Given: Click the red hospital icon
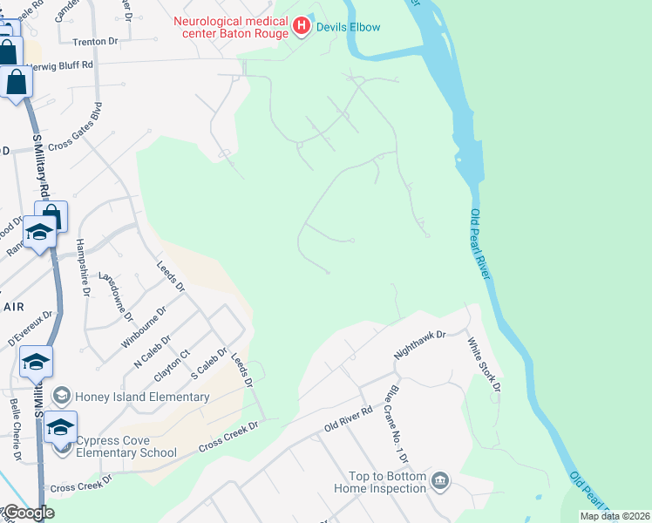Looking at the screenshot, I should pos(302,26).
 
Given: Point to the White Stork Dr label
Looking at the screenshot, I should pos(484,363).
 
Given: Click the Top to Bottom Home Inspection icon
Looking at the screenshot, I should pos(441,481).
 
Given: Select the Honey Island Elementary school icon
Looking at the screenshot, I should pos(61,397).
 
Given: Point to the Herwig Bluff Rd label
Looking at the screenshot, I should pos(61,65).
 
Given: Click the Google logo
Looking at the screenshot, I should pos(28,513).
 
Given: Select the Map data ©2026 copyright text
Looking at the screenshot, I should pos(615,516).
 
